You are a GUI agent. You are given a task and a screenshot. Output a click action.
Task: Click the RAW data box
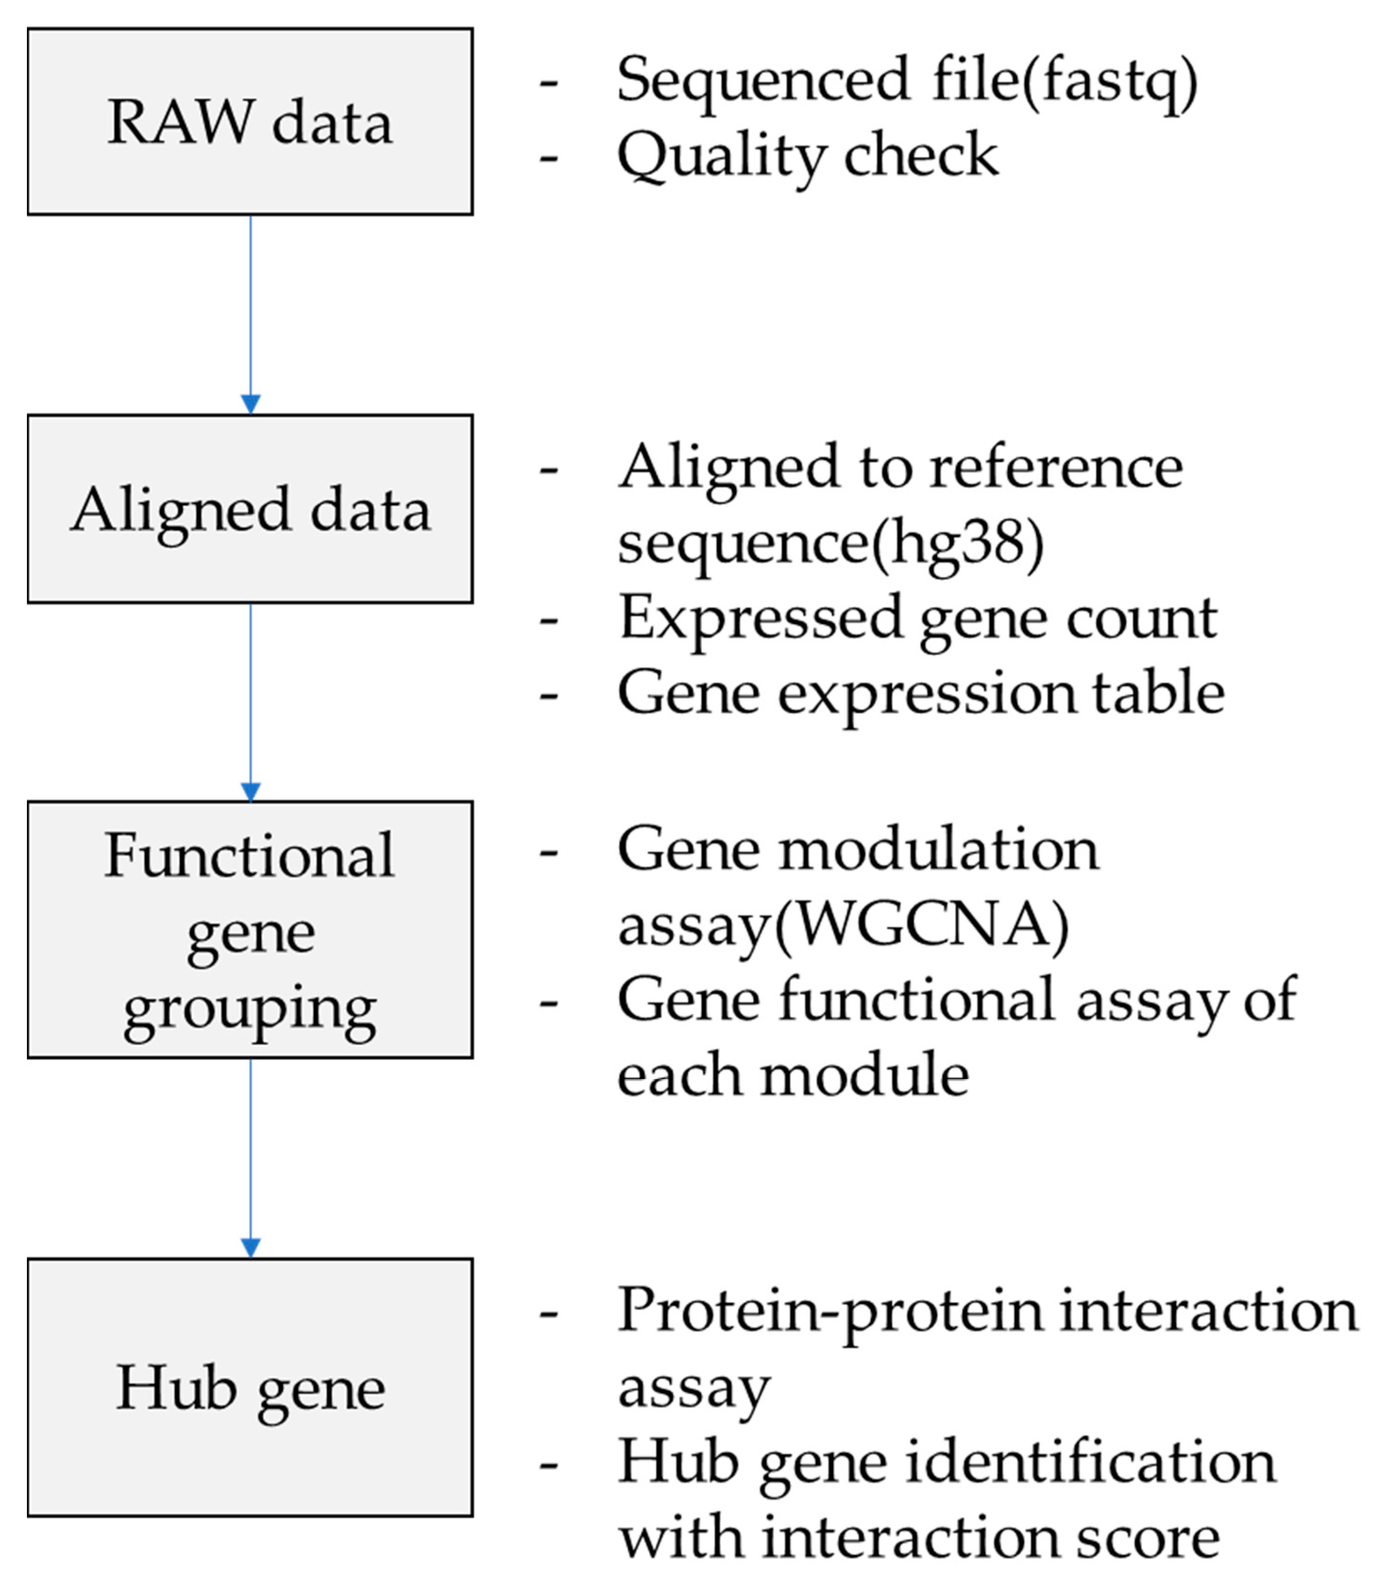click(x=250, y=121)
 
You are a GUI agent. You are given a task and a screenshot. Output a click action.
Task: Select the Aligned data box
click(x=250, y=509)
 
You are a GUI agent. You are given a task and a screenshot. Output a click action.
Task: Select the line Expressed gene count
click(x=918, y=618)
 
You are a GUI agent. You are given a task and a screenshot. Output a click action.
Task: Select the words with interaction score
click(x=919, y=1537)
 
